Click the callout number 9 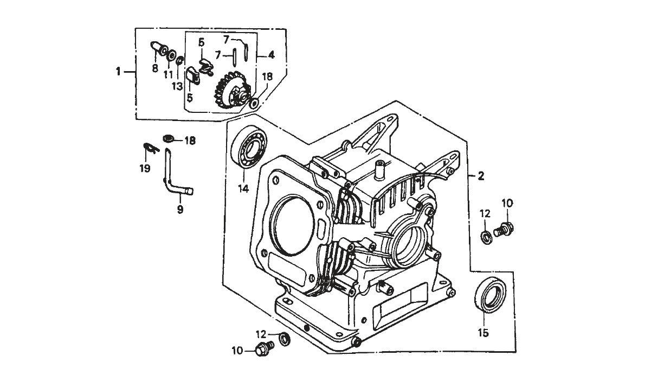[180, 208]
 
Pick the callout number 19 [144, 169]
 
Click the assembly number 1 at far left [118, 71]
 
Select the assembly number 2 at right [480, 175]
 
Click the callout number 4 [270, 55]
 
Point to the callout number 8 [155, 68]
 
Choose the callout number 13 [177, 86]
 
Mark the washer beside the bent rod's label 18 [168, 139]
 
